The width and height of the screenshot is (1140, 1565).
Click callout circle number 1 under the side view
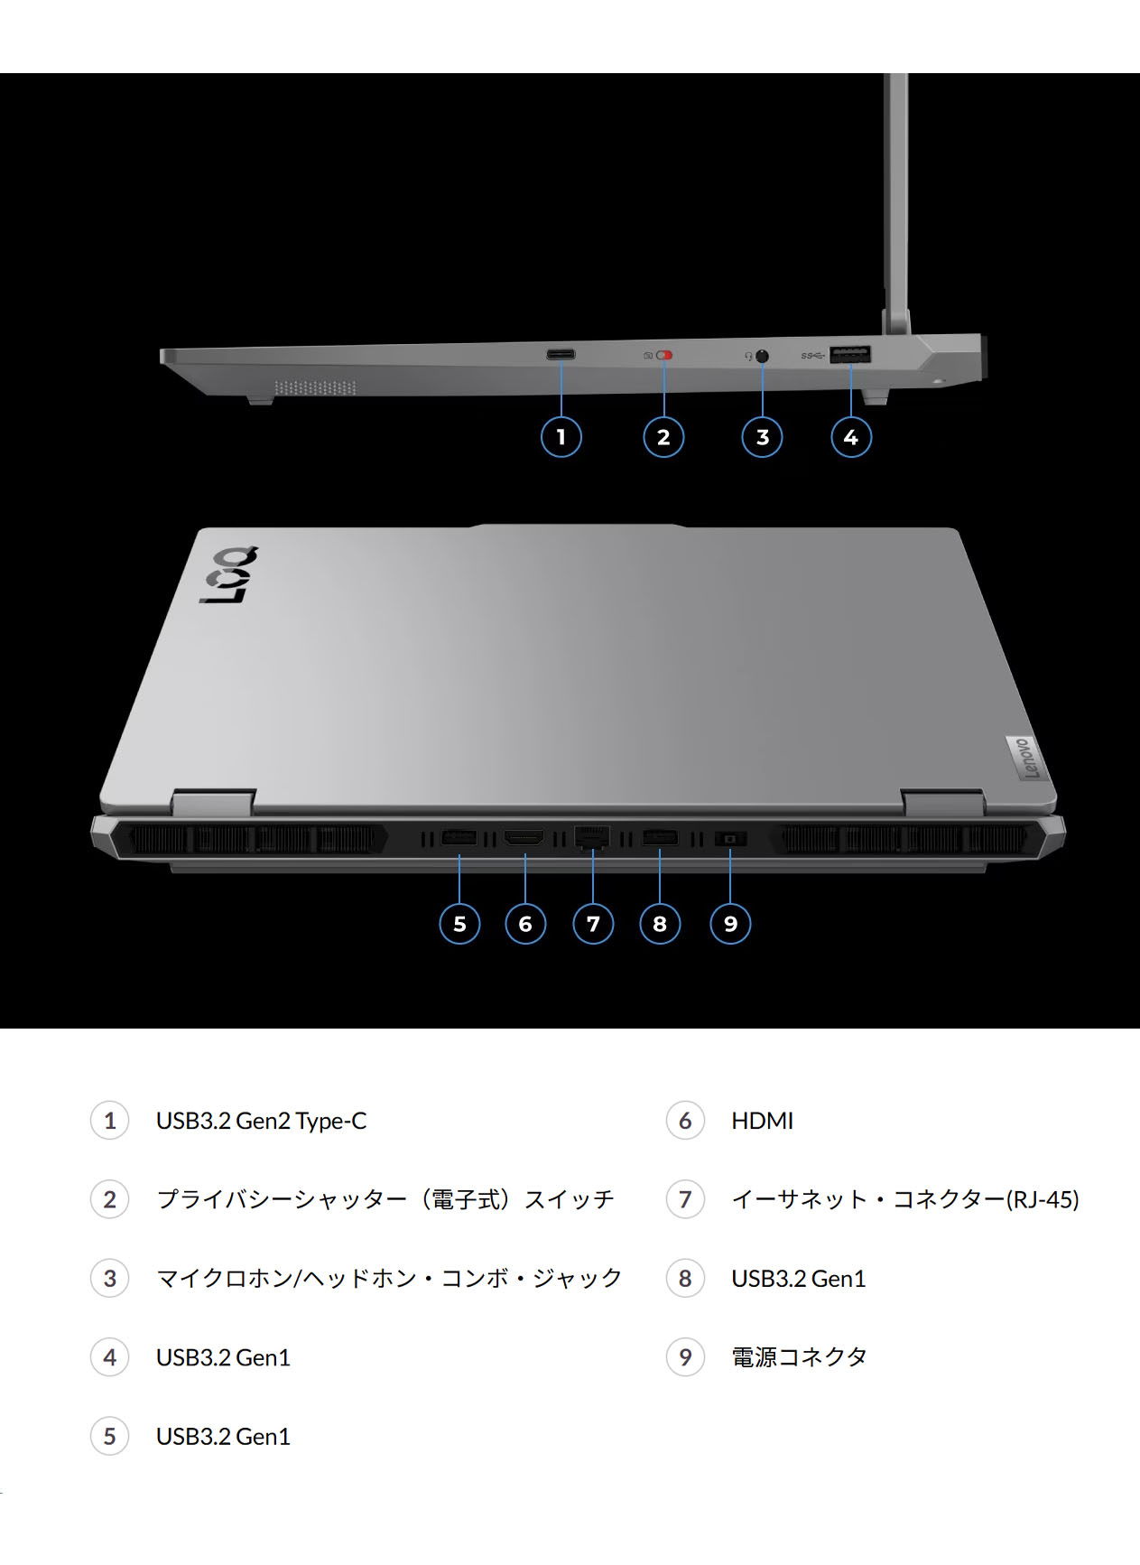561,437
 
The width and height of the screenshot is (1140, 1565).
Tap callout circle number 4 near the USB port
850,437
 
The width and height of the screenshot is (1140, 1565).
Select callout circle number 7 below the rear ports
593,924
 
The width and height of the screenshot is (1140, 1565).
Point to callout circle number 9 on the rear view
730,924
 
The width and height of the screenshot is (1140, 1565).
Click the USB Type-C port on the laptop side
561,354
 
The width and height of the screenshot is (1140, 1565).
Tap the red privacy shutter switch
664,356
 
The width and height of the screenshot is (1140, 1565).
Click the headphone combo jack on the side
762,356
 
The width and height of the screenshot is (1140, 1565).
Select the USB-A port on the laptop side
850,355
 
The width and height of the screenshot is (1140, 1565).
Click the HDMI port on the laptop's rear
524,839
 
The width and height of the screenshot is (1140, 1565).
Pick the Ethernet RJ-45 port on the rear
592,837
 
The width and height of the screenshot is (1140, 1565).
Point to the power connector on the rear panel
730,840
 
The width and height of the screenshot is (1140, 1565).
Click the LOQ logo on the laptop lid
229,575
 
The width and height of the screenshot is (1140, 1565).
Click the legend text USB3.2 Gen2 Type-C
261,1121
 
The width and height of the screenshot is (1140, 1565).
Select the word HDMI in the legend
762,1121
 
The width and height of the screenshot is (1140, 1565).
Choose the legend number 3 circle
110,1278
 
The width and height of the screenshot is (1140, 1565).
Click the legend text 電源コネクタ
799,1356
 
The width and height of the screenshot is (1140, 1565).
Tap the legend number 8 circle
685,1278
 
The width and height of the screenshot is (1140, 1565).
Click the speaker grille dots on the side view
315,387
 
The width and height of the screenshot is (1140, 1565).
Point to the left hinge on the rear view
213,802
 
